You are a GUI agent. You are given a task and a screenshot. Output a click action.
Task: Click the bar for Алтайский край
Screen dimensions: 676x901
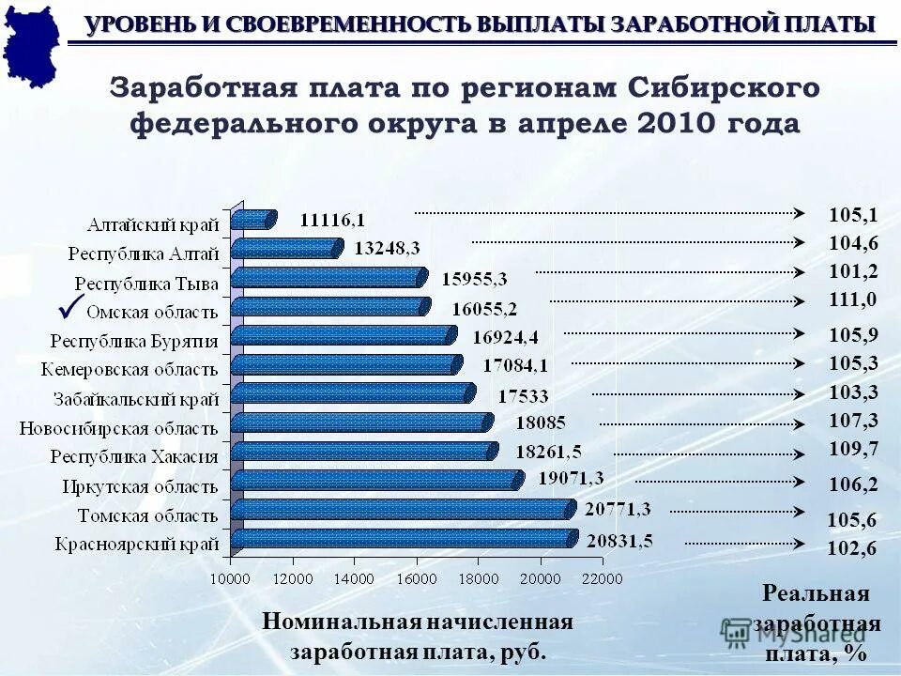pos(252,220)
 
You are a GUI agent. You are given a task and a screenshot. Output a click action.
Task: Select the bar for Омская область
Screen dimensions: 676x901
pos(329,307)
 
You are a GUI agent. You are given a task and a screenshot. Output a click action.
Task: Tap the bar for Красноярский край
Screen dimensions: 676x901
pos(402,539)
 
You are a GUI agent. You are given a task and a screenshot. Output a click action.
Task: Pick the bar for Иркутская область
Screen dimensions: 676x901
pos(375,481)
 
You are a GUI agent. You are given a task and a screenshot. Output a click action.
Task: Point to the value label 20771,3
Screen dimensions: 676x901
pos(618,510)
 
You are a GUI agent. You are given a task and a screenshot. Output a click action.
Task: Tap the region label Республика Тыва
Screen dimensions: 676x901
pos(147,283)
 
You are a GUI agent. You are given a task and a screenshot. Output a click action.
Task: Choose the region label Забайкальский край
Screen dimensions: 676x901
pos(136,398)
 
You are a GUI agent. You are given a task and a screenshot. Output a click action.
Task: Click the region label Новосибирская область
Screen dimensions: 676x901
pos(119,427)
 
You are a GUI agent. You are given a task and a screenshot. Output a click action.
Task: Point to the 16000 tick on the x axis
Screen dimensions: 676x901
pos(416,579)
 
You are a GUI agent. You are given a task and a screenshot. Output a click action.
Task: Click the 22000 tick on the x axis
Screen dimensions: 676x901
pos(602,579)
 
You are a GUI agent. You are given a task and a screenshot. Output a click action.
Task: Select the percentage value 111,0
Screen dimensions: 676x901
pos(852,300)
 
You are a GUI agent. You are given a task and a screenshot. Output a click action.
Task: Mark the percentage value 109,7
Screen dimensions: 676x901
pos(853,449)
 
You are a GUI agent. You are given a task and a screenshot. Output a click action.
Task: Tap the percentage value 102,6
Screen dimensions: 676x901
pos(852,549)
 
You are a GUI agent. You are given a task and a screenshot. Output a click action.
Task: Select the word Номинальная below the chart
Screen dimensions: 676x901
pos(338,622)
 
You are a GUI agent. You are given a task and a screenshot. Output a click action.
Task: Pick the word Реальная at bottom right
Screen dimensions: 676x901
pos(816,594)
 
